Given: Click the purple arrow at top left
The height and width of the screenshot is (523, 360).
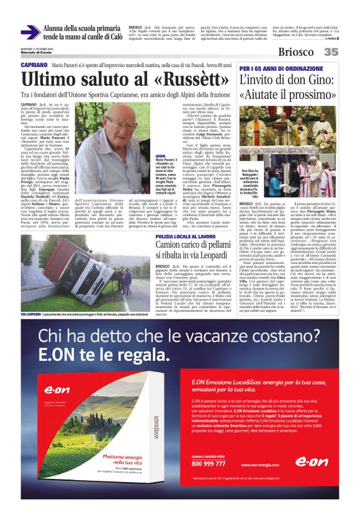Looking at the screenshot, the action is click(30, 32).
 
